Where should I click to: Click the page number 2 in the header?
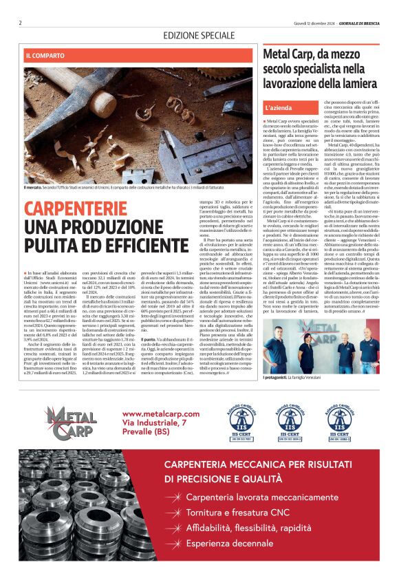pos(21,23)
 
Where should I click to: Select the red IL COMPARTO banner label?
pos(45,54)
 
